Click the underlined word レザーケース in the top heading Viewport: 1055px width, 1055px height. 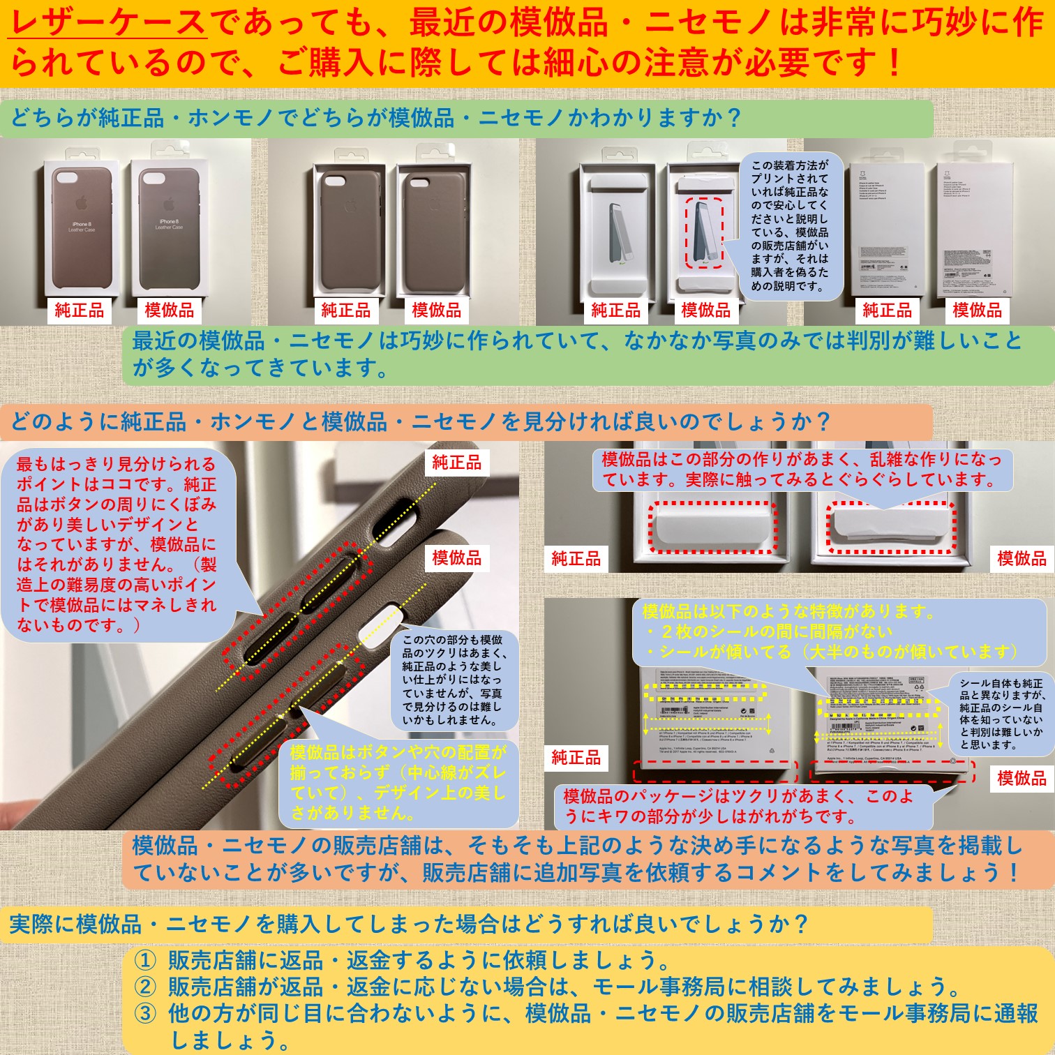click(x=108, y=22)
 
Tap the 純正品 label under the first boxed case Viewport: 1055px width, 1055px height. click(x=80, y=310)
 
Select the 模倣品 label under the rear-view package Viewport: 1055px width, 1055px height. click(x=977, y=310)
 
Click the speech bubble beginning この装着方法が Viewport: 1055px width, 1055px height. click(x=790, y=225)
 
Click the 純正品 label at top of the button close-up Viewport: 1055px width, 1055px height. click(x=457, y=462)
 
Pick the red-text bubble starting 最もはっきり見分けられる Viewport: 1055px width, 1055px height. click(x=117, y=544)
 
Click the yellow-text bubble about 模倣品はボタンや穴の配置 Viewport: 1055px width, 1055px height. click(x=398, y=781)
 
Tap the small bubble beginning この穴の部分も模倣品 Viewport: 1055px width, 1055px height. click(x=454, y=679)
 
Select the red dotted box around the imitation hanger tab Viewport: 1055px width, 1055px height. click(x=891, y=527)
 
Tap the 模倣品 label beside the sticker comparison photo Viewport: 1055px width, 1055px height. click(x=1022, y=778)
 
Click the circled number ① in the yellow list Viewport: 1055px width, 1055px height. click(x=144, y=961)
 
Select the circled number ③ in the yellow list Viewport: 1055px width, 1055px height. click(x=144, y=1013)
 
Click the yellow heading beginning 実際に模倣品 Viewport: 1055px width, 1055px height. click(x=408, y=924)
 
